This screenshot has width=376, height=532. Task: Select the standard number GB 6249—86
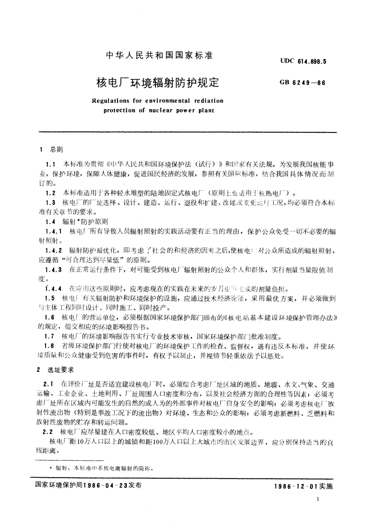pos(302,83)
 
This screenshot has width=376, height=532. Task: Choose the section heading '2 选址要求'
pos(56,370)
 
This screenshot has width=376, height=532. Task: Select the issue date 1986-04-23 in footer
pos(105,486)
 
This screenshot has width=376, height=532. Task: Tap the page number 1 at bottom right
pos(318,499)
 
